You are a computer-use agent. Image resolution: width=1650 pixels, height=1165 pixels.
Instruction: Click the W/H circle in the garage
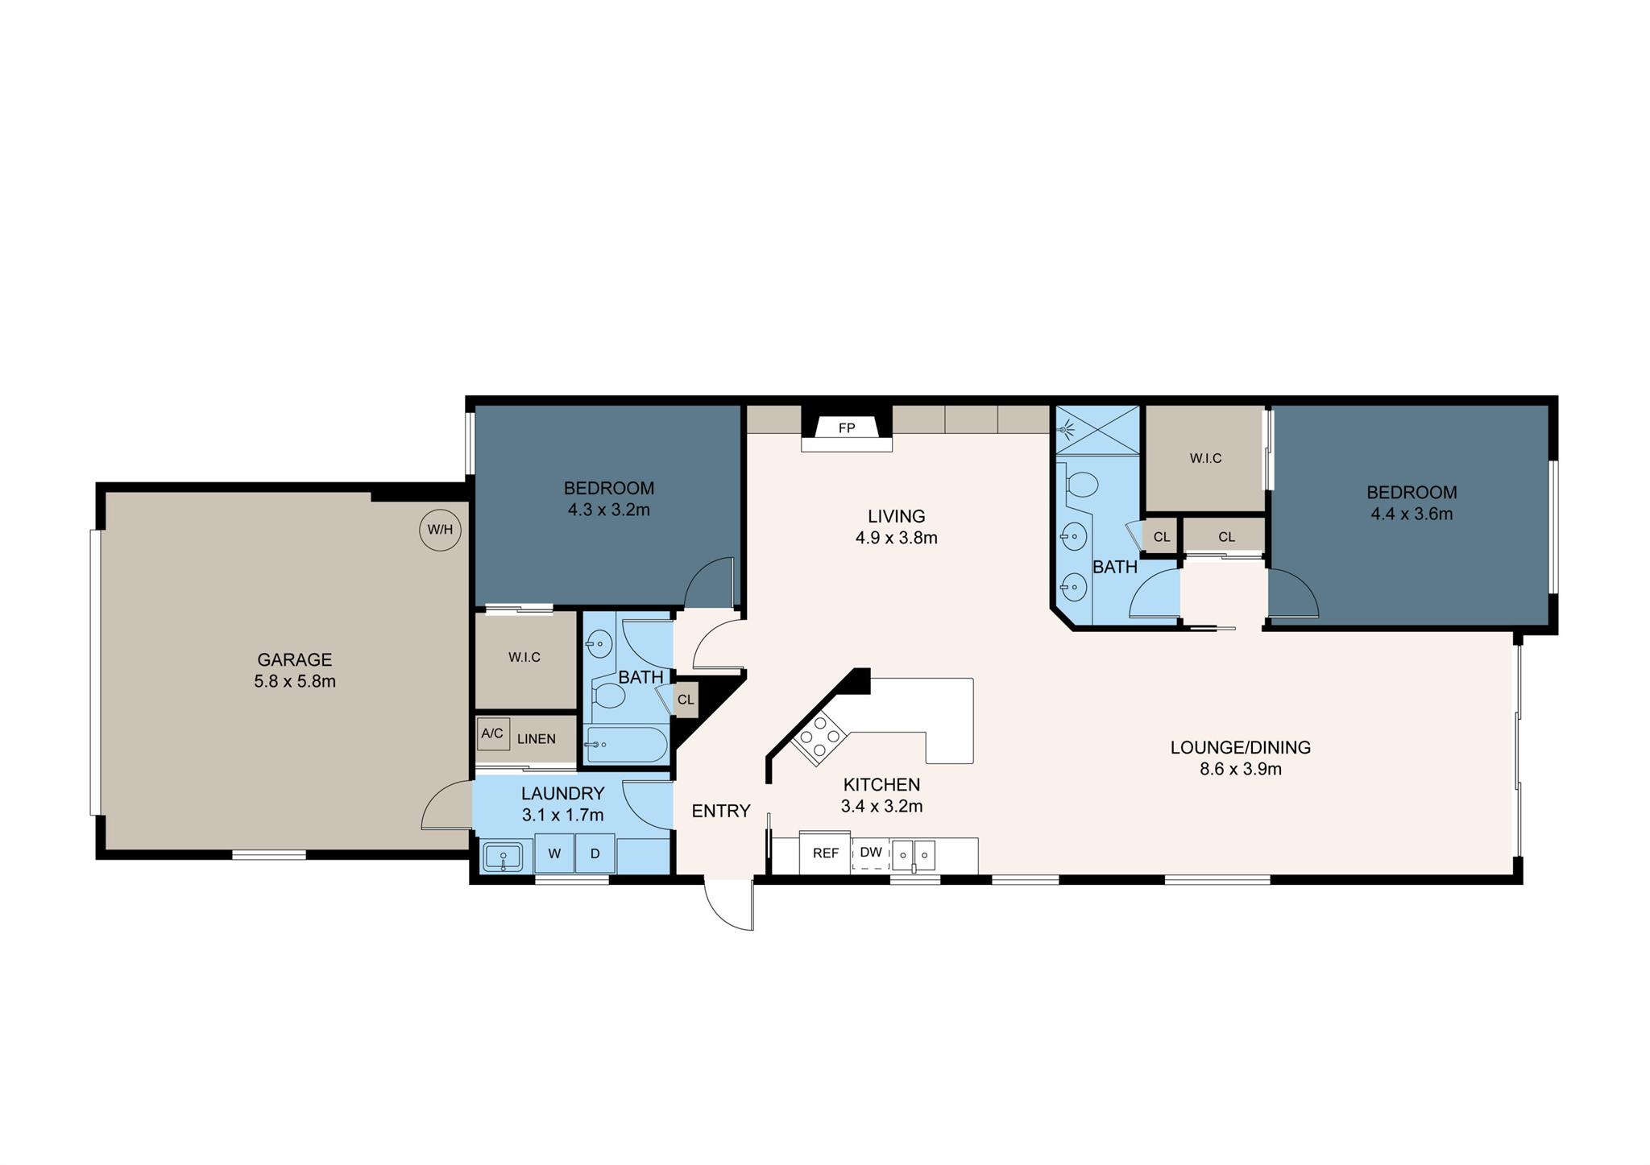click(x=441, y=530)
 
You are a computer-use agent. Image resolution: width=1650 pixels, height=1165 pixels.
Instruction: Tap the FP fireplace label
click(x=846, y=428)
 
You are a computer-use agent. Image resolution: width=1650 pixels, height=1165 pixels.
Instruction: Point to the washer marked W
click(x=555, y=854)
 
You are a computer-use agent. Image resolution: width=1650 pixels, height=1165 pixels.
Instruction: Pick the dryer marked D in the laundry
click(x=595, y=854)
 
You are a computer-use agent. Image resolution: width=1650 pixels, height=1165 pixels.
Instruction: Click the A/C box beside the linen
click(x=492, y=733)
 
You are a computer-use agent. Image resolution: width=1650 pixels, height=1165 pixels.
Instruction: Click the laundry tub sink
click(x=503, y=857)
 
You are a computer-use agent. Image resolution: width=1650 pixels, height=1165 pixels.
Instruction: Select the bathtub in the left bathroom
click(x=627, y=745)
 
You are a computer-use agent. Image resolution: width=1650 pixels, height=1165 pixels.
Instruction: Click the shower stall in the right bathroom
click(x=1098, y=429)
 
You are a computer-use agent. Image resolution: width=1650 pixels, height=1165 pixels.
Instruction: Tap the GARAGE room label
click(x=295, y=660)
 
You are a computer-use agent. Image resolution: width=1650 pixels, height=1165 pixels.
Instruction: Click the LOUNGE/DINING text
click(x=1241, y=747)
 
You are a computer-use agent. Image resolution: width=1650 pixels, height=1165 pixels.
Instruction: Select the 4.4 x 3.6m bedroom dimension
click(x=1412, y=514)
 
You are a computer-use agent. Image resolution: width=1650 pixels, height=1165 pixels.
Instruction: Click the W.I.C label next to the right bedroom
click(x=1205, y=458)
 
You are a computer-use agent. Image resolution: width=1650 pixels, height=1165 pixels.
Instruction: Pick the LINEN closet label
click(x=537, y=739)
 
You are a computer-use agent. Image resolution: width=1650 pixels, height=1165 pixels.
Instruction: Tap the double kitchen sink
click(x=914, y=854)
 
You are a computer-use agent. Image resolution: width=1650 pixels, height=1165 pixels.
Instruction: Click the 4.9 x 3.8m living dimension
click(x=897, y=538)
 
